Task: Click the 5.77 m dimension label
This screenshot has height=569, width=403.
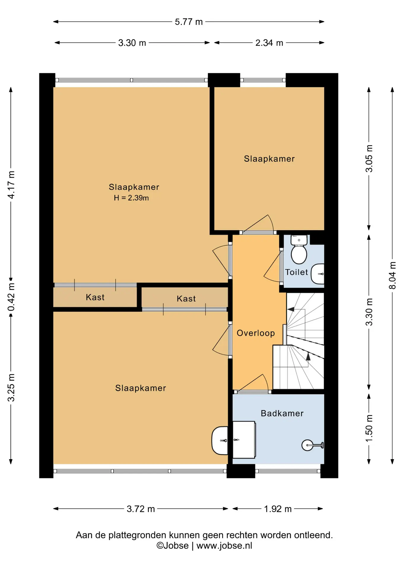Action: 189,22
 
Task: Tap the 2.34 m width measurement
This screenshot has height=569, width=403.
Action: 269,43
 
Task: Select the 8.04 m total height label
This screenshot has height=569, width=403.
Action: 392,275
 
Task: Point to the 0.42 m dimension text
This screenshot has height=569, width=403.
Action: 11,297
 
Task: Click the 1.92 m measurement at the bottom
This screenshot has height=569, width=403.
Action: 278,509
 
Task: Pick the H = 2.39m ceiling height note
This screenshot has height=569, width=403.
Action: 131,198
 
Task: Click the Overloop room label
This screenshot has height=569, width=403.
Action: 256,333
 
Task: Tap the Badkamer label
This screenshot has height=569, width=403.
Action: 282,413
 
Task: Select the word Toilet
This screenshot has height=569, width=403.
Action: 296,272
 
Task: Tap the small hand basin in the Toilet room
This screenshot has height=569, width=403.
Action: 318,274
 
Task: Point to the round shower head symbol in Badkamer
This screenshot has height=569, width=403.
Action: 307,445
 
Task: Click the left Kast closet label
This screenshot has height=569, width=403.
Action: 95,297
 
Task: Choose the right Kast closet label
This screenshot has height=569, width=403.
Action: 186,299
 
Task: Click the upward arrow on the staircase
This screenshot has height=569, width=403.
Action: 308,357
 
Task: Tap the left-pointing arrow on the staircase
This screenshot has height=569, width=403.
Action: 291,309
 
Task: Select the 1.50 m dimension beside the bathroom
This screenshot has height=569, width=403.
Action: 369,429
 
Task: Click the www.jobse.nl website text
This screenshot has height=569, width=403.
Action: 224,546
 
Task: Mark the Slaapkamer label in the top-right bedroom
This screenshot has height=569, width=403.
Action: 269,159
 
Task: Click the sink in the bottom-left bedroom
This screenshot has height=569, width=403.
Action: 220,440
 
